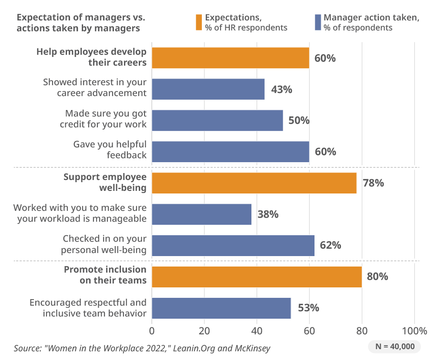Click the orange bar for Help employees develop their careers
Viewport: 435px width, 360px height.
click(x=230, y=58)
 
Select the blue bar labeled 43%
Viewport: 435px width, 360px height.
click(x=208, y=89)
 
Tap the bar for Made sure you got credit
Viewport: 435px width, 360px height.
click(x=217, y=120)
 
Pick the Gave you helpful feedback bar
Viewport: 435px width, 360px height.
click(x=230, y=152)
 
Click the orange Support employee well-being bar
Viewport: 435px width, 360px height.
click(x=254, y=183)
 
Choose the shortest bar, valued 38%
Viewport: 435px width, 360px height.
click(x=201, y=214)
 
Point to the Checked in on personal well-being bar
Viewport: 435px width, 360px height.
click(x=233, y=246)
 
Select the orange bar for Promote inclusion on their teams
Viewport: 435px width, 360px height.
click(x=257, y=277)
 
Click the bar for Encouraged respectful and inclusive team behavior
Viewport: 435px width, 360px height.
click(x=221, y=308)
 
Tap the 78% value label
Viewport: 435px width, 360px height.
click(x=373, y=183)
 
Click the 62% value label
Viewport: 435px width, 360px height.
click(x=331, y=246)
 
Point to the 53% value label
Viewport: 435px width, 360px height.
click(x=308, y=308)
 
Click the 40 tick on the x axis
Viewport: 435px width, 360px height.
click(x=257, y=330)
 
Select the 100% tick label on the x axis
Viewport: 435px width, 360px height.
click(x=414, y=330)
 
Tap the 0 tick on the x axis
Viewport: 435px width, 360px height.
click(x=152, y=330)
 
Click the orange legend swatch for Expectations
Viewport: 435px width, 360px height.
click(x=199, y=23)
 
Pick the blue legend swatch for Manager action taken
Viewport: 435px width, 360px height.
click(x=318, y=23)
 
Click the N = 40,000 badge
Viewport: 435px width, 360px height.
click(x=395, y=347)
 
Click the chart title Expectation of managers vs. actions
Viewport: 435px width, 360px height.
click(x=80, y=23)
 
